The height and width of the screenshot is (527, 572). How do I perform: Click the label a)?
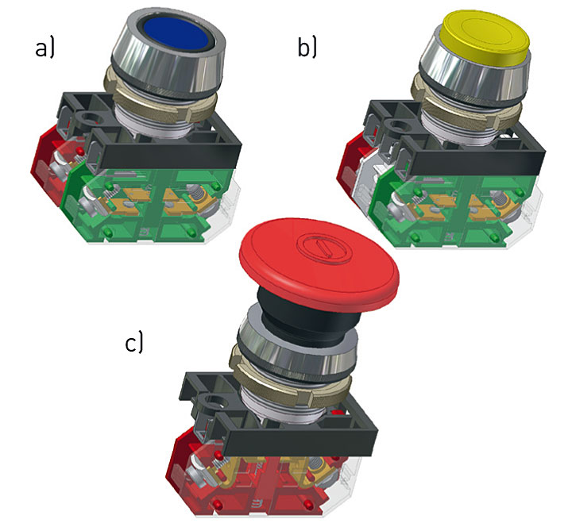(x=44, y=48)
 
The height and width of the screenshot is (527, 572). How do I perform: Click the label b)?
(x=307, y=48)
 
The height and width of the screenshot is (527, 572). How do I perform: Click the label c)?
(x=134, y=343)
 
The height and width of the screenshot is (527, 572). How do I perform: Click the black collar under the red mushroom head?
(x=303, y=317)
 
